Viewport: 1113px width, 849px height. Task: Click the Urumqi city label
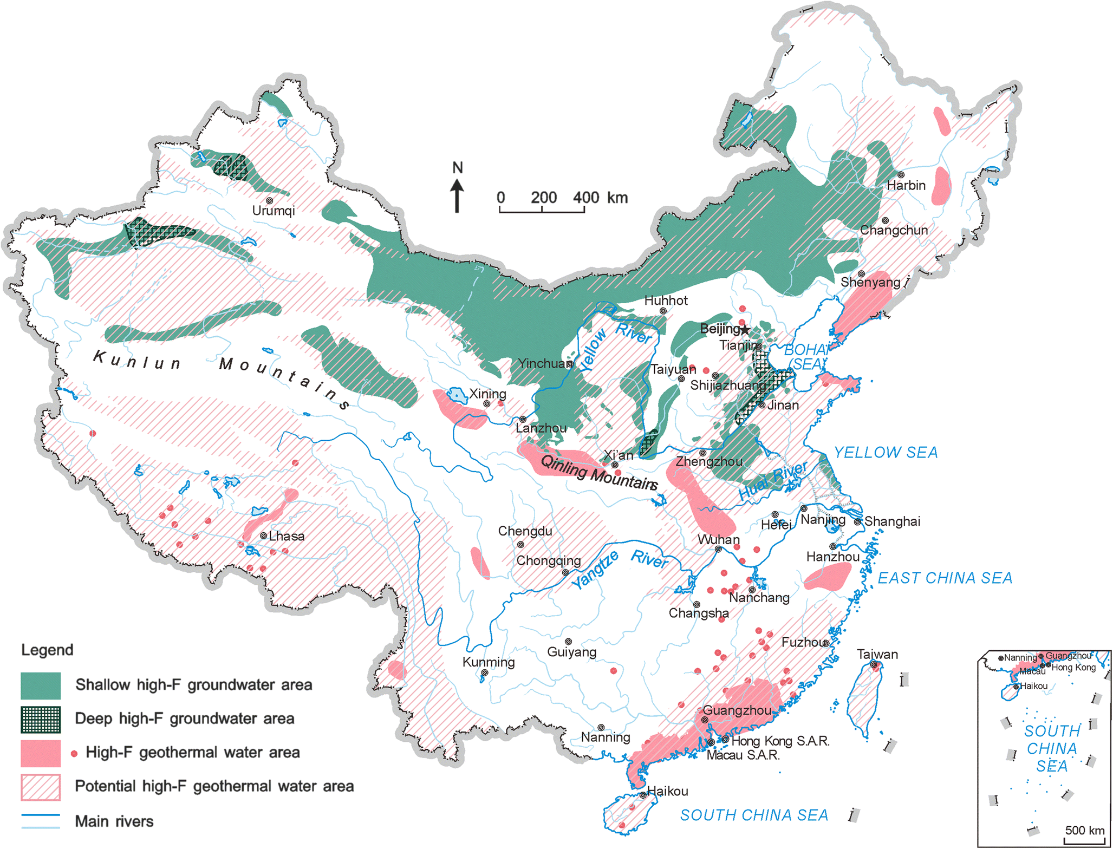click(x=274, y=211)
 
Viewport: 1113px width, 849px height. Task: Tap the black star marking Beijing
click(x=745, y=330)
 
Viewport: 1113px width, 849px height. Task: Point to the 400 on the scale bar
click(x=586, y=198)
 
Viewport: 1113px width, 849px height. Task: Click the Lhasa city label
click(x=287, y=537)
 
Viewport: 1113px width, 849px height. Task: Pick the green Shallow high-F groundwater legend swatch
click(x=41, y=685)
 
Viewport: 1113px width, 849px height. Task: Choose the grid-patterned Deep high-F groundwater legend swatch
click(x=41, y=720)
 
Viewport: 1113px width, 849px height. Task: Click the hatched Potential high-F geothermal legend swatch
click(x=41, y=787)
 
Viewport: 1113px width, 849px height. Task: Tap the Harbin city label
click(x=906, y=186)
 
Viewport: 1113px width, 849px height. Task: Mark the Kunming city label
click(x=489, y=662)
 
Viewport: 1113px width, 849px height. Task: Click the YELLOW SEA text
click(x=886, y=453)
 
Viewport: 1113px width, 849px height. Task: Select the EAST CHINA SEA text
click(x=945, y=578)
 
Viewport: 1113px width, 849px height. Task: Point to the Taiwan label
click(x=877, y=655)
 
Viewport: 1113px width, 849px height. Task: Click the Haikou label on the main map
click(x=668, y=792)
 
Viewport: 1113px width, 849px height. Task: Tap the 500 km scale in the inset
click(x=1084, y=831)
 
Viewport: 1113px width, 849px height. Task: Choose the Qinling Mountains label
click(x=599, y=473)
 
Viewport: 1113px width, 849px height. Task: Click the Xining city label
click(x=487, y=394)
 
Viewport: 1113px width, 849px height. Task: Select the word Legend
click(x=47, y=650)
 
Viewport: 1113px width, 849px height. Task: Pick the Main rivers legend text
click(x=114, y=821)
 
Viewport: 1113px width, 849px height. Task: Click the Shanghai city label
click(x=892, y=521)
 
